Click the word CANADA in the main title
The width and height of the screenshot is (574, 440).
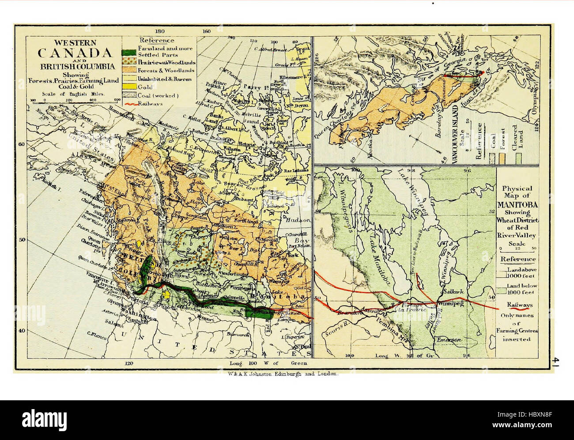pos(74,53)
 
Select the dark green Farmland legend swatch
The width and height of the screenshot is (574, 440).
pos(129,51)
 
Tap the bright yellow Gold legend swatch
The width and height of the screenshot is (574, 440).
pos(129,87)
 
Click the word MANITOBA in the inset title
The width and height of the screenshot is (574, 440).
pos(517,205)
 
